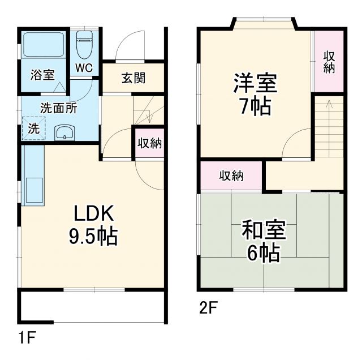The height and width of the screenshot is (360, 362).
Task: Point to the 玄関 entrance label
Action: click(133, 78)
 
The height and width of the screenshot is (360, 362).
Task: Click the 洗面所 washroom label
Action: click(58, 108)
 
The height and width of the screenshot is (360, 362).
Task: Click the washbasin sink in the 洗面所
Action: click(64, 133)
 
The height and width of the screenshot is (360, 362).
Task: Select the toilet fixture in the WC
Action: click(84, 42)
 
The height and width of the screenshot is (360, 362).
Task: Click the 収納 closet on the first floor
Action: click(149, 143)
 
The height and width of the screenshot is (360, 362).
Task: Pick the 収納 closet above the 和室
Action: click(231, 175)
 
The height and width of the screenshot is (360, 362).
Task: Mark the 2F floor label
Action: click(208, 308)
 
